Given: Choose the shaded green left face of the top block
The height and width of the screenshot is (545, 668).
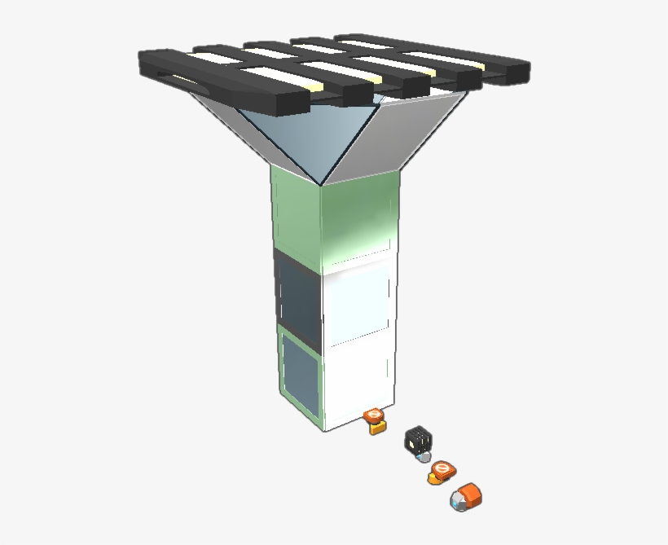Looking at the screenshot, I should pos(295,216).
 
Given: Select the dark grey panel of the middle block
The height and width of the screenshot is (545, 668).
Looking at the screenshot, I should pos(298,297).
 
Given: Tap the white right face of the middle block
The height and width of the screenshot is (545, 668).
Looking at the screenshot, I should pos(358,305).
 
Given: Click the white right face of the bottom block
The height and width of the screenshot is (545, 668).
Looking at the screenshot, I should pos(358,379).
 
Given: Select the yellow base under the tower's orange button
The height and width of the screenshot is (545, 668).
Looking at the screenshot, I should pos(376,428).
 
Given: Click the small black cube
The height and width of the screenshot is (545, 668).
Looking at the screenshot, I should pos(417,440).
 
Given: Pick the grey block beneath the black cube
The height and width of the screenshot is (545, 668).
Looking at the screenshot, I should pos(423,457).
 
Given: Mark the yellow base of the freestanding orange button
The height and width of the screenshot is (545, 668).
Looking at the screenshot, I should pos(435,478).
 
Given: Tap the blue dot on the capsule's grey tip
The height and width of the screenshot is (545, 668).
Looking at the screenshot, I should pos(456,505).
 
